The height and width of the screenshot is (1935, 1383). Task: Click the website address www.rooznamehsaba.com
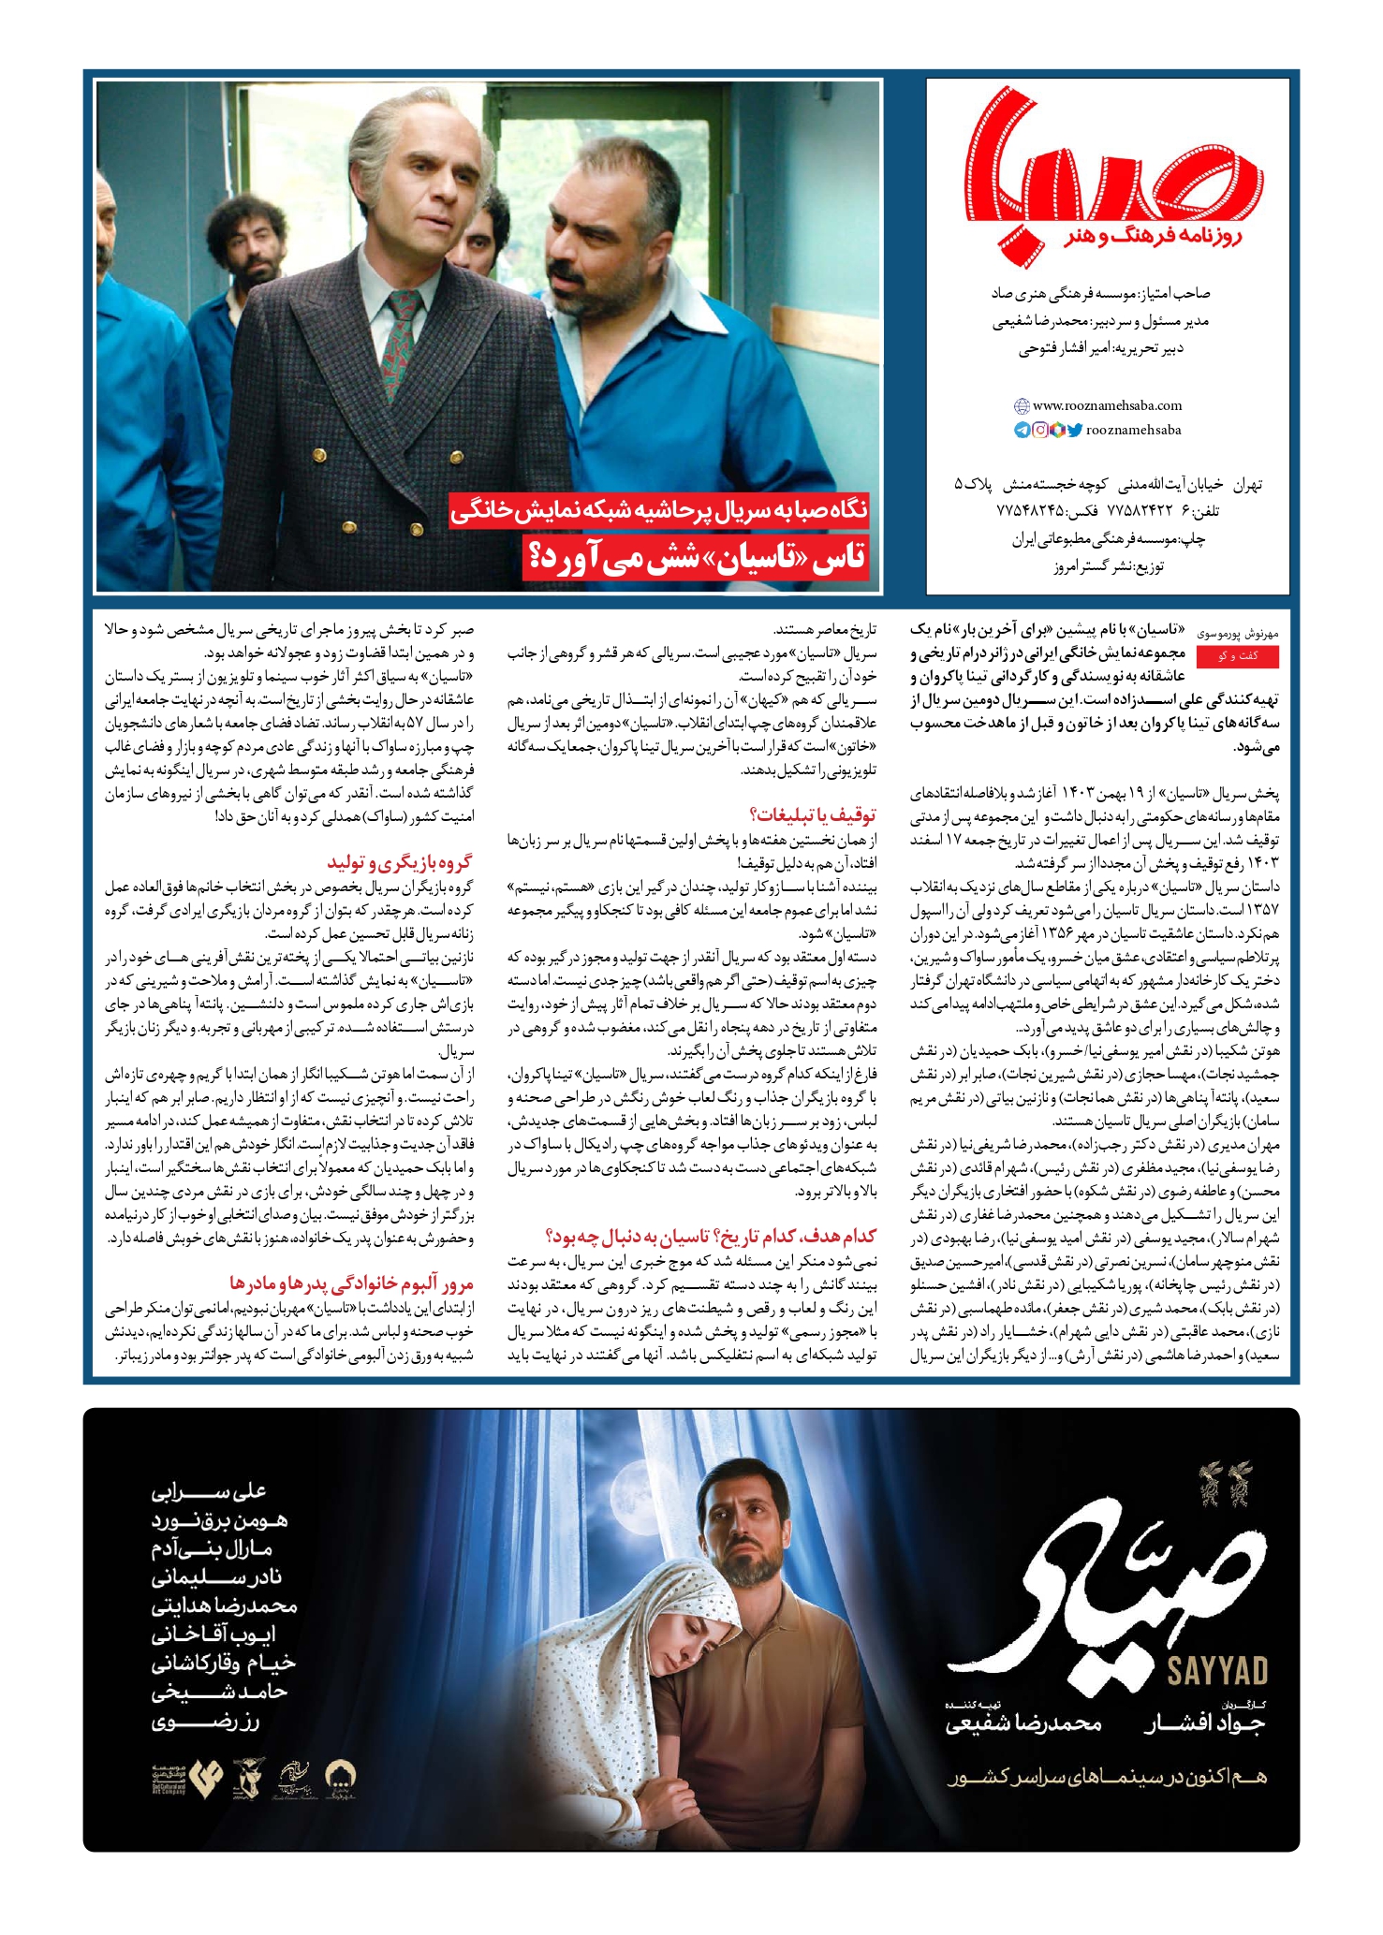tap(1107, 405)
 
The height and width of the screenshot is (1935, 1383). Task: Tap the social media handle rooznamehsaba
tap(1133, 430)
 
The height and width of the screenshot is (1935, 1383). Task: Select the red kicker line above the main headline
tap(659, 510)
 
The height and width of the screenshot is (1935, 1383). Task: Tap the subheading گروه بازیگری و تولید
tap(400, 862)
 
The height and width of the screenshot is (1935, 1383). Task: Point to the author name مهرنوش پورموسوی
tap(1240, 634)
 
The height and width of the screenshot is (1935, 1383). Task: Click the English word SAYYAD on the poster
tap(1217, 1671)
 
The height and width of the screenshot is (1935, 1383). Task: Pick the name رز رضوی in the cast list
tap(205, 1721)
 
